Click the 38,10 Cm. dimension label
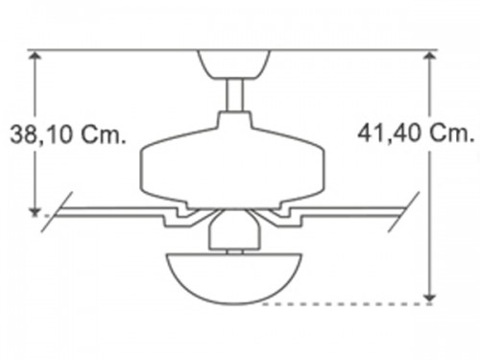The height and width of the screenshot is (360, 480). (68, 134)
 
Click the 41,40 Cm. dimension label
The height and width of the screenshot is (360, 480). (416, 132)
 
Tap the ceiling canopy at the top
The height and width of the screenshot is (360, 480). (234, 64)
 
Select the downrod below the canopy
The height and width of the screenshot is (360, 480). (234, 95)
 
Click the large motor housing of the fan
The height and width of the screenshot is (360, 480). (232, 160)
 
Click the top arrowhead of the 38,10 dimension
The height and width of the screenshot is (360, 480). (35, 57)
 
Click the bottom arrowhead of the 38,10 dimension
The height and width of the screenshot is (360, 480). (35, 210)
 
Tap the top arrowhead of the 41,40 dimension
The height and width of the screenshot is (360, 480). (429, 57)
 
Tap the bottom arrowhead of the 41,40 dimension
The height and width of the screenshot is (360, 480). (429, 298)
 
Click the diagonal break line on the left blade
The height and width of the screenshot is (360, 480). (57, 212)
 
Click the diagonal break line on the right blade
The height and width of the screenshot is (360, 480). (403, 212)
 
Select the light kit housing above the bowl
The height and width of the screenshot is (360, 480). (234, 230)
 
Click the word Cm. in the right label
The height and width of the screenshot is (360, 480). (452, 132)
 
